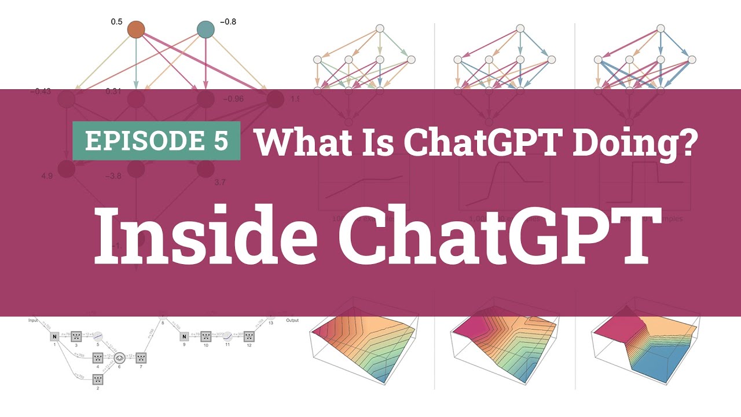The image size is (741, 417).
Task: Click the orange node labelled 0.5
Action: [135, 29]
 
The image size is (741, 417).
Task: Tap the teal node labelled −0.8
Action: [205, 29]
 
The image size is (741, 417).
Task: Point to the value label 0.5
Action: [116, 22]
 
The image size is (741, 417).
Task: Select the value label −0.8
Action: [228, 22]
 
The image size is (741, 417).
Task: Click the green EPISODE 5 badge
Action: [156, 141]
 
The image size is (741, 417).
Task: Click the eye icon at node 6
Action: [120, 357]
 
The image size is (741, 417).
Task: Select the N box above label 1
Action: [54, 336]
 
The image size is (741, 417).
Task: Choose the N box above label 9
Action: [184, 336]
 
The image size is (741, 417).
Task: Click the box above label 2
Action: [98, 379]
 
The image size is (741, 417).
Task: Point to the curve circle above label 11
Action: [228, 336]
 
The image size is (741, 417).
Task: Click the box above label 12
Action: [250, 336]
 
